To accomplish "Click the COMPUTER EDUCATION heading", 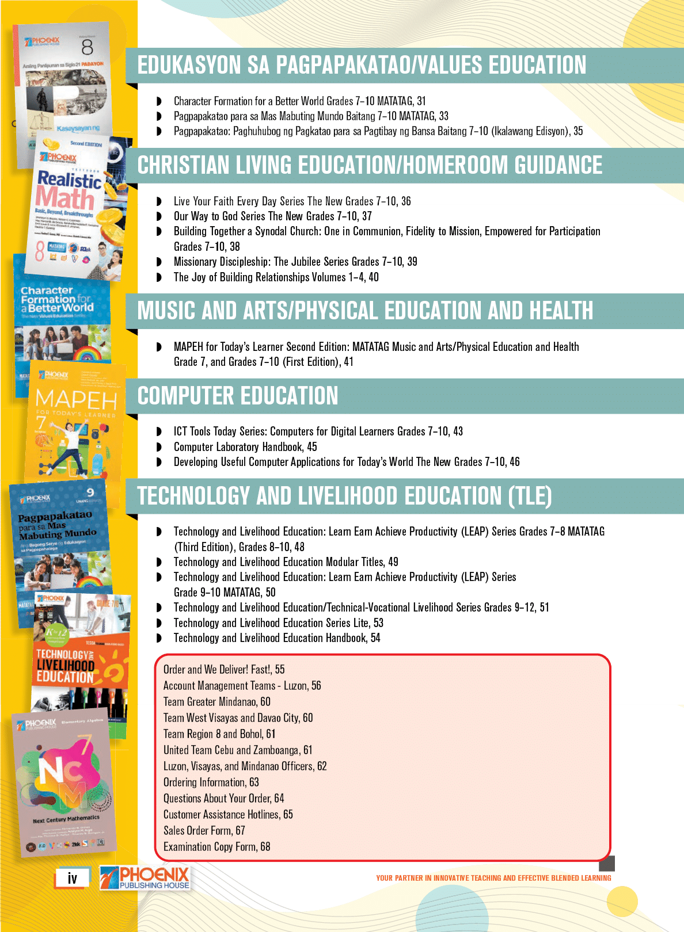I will [x=237, y=396].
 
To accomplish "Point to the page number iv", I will [x=73, y=878].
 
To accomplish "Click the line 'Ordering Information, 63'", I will [x=211, y=782].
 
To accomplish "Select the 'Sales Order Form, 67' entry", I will [x=204, y=831].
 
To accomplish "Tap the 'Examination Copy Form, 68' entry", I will [x=216, y=847].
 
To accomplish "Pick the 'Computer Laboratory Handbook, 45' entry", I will [x=245, y=447].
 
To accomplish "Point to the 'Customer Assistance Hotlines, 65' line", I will [x=228, y=815].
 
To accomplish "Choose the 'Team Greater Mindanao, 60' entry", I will [x=216, y=702].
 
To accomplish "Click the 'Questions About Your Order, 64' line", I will [x=223, y=799].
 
